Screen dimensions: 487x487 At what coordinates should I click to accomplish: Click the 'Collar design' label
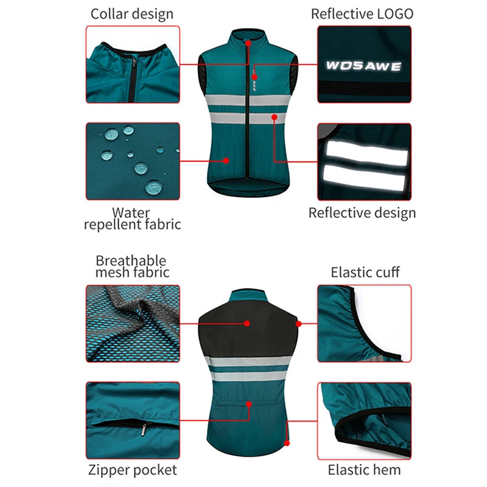pos(132,13)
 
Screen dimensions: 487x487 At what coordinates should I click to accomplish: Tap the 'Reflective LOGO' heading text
pos(362,13)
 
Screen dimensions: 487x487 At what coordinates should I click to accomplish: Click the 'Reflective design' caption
pos(362,212)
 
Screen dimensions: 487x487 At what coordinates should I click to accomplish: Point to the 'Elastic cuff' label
pos(365,272)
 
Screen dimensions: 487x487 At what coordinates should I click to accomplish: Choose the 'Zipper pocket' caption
pos(132,469)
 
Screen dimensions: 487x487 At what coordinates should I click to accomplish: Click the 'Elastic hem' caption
pos(365,469)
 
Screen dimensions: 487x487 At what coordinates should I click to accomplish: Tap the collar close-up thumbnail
pos(133,64)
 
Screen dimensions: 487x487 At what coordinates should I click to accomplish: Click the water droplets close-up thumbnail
pos(133,161)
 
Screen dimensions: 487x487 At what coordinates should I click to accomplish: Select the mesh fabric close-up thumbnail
pos(133,324)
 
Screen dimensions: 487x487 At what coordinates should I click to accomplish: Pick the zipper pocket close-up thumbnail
pos(133,420)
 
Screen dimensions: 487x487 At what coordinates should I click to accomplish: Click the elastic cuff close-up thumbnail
pos(364,324)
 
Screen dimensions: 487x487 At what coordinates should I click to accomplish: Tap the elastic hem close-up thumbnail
pos(364,420)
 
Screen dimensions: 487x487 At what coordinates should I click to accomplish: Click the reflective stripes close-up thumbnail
pos(364,161)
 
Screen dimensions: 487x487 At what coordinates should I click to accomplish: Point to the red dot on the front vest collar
pos(248,44)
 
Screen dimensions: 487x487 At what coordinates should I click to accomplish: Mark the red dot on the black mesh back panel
pos(247,324)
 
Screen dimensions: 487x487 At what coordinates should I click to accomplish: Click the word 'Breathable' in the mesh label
pos(131,261)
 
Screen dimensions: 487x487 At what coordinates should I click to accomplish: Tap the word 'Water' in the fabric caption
pos(131,212)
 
